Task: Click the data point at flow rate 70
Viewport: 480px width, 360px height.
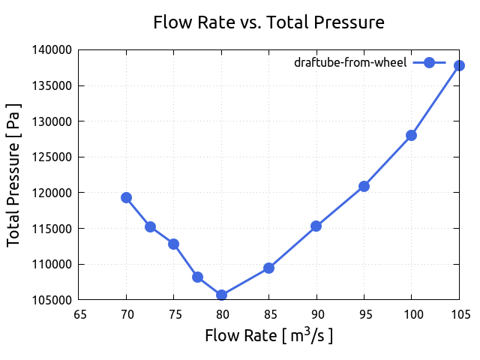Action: click(126, 197)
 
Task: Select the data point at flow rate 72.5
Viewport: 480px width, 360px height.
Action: click(150, 226)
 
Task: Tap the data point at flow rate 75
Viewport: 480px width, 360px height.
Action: click(173, 244)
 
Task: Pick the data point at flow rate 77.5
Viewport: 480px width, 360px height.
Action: click(197, 277)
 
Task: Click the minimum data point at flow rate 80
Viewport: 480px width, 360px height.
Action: click(221, 295)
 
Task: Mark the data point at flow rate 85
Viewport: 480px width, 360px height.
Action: click(268, 268)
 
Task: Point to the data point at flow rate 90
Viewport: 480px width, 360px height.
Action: click(316, 226)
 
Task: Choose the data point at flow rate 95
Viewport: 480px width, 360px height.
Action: click(364, 186)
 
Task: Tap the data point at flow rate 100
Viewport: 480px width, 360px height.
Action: click(411, 135)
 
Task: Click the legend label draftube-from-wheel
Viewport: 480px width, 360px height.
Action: click(350, 63)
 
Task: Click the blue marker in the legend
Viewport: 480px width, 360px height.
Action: click(429, 63)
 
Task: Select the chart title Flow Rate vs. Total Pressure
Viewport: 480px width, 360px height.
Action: click(268, 22)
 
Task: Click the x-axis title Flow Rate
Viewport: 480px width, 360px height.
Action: click(268, 335)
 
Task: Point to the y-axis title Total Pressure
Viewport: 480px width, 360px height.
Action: click(13, 175)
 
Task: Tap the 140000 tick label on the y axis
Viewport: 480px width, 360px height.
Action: click(54, 49)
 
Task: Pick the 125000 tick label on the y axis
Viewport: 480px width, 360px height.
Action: click(54, 157)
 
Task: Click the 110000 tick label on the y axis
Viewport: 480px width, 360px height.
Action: click(54, 264)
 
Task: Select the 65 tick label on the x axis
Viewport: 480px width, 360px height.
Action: click(79, 314)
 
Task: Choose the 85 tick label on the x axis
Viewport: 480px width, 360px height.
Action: click(268, 314)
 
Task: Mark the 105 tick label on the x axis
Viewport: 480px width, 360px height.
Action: click(458, 314)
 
